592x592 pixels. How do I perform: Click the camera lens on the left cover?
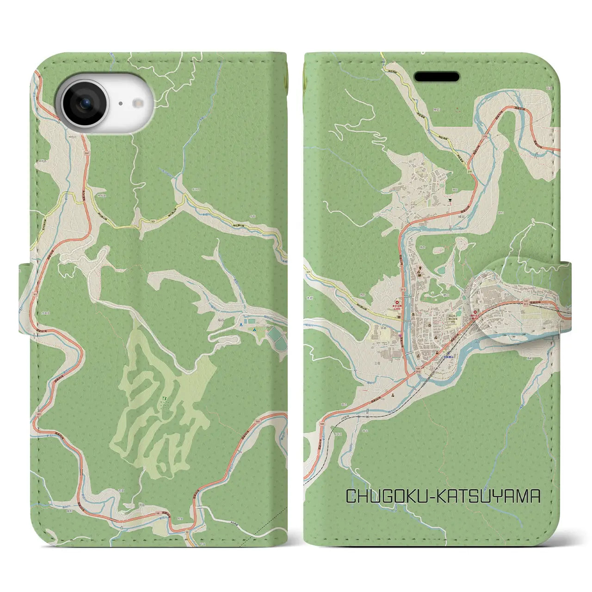pos(85,104)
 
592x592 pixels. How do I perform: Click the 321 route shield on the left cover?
pos(153,222)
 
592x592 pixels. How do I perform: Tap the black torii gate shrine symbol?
pos(449,201)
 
